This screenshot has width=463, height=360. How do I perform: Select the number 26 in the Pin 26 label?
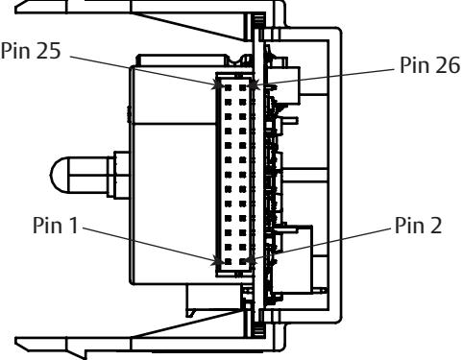click(448, 65)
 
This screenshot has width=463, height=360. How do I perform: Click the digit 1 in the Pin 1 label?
click(73, 226)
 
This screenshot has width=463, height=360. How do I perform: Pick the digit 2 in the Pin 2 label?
click(436, 226)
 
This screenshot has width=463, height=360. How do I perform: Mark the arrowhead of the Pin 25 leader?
click(219, 85)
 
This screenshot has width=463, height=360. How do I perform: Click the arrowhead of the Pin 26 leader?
click(254, 85)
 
